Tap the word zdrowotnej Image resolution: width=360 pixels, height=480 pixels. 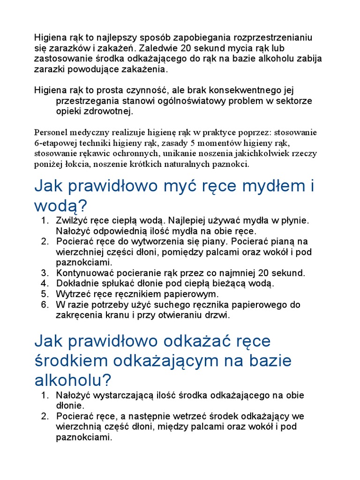pos(111,111)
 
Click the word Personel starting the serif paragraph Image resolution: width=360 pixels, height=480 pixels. pos(51,132)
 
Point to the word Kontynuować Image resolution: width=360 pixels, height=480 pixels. pos(86,273)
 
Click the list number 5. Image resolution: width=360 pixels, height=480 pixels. pos(45,294)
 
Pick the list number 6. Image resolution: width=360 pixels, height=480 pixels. pos(45,305)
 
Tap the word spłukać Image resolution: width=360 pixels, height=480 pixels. pos(119,284)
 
